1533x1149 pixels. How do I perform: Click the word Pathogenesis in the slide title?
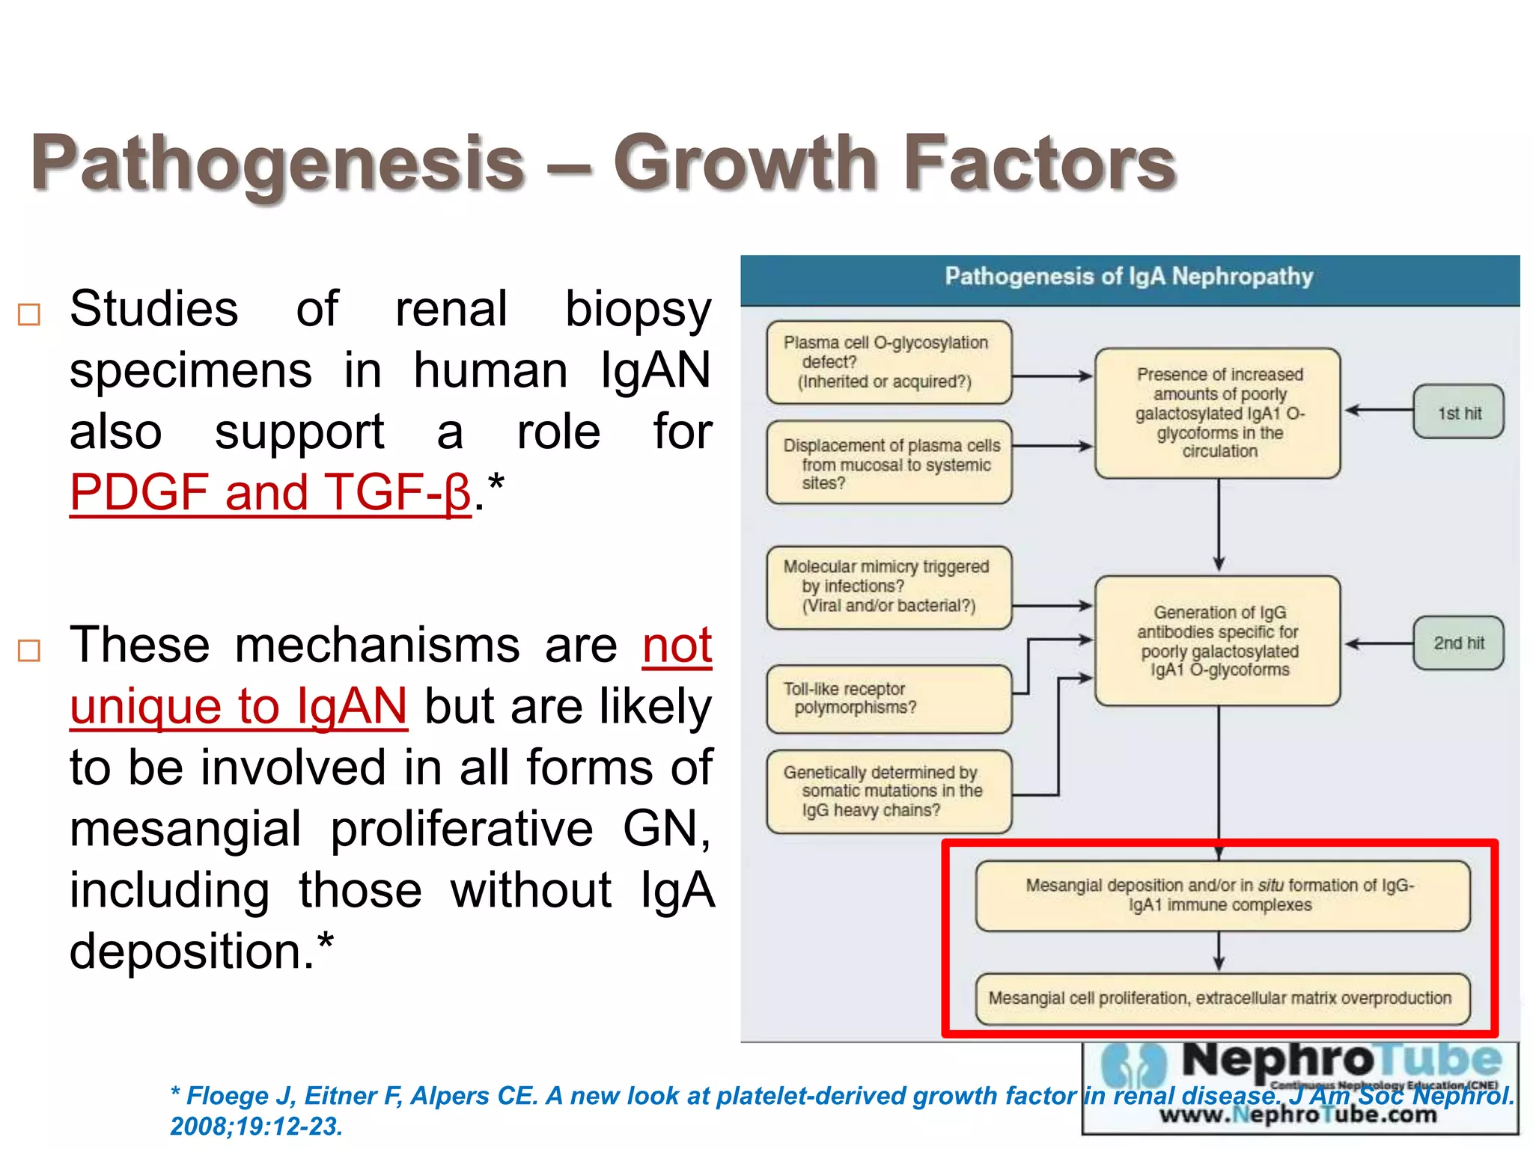(x=277, y=163)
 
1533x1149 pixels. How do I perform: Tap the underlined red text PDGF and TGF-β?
(x=270, y=492)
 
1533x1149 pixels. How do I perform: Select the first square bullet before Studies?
(x=29, y=315)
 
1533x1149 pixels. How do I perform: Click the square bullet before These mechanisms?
(x=29, y=650)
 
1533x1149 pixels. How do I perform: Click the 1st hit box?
(x=1458, y=412)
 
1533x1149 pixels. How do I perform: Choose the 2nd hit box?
(x=1458, y=643)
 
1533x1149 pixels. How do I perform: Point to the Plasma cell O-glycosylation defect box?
(x=889, y=363)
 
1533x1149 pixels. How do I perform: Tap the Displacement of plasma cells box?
(x=889, y=463)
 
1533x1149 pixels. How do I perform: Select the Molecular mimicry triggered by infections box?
(x=889, y=586)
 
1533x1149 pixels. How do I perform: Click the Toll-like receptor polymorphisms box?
(x=889, y=699)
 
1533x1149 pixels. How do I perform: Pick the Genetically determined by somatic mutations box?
(x=889, y=791)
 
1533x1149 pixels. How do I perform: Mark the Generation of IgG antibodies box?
(x=1218, y=641)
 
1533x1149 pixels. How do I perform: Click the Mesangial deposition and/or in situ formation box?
(x=1222, y=895)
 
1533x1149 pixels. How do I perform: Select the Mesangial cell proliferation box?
(x=1222, y=999)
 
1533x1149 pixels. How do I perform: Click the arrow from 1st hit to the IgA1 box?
(x=1378, y=410)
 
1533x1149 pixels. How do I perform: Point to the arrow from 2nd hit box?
(x=1378, y=643)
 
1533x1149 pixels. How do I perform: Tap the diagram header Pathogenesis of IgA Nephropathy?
(x=1129, y=277)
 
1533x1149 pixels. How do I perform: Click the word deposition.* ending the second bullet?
(x=201, y=952)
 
